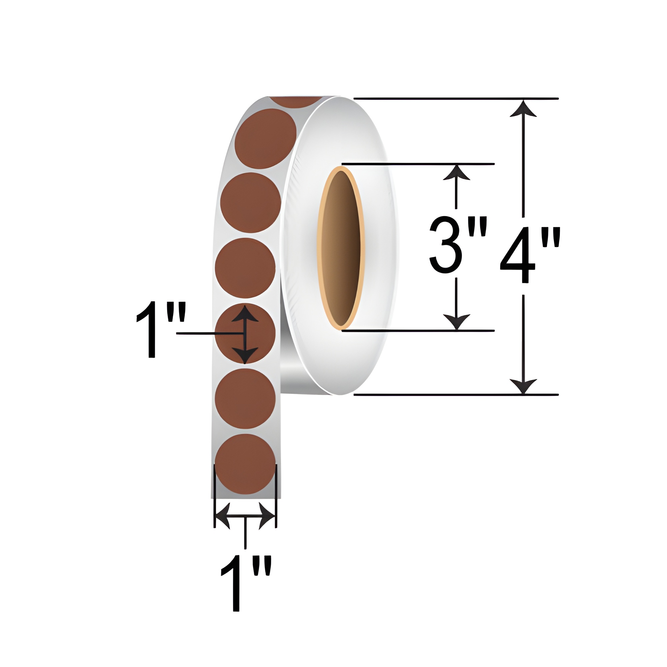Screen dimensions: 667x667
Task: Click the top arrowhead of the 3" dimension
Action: click(x=457, y=173)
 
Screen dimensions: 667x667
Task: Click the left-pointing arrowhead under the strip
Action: click(x=223, y=517)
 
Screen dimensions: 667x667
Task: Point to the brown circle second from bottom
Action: click(x=245, y=399)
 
